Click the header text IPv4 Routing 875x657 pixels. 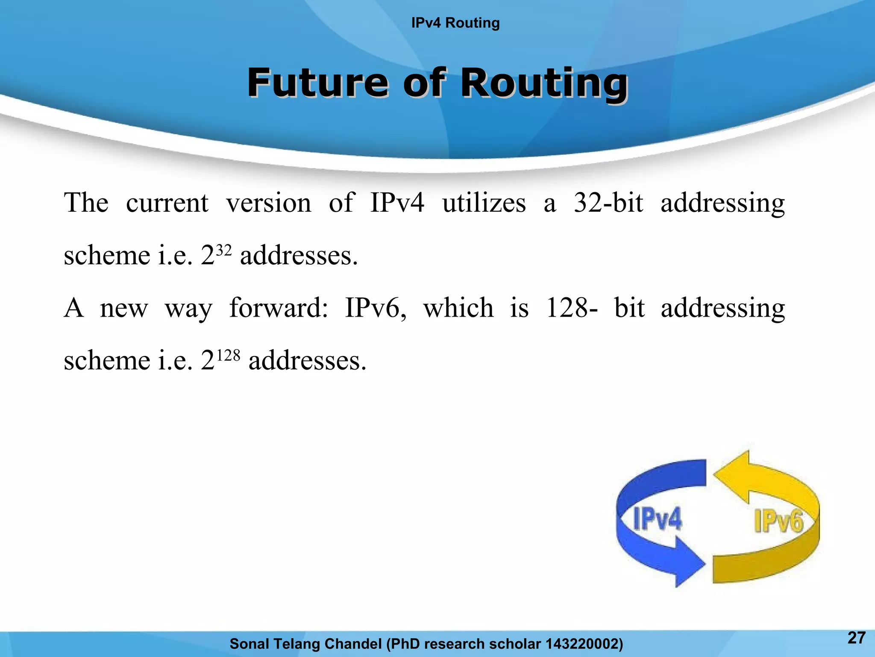pyautogui.click(x=455, y=23)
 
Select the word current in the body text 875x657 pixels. pyautogui.click(x=167, y=203)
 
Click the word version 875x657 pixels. pyautogui.click(x=269, y=203)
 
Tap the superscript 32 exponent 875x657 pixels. pyautogui.click(x=224, y=249)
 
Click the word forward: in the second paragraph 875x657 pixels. pyautogui.click(x=279, y=308)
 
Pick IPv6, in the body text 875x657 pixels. pyautogui.click(x=376, y=308)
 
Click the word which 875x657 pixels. pyautogui.click(x=458, y=308)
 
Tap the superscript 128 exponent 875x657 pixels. pyautogui.click(x=228, y=355)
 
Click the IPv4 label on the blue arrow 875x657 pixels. pyautogui.click(x=657, y=519)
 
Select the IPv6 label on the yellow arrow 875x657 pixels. pyautogui.click(x=778, y=521)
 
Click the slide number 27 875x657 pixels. pyautogui.click(x=856, y=638)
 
